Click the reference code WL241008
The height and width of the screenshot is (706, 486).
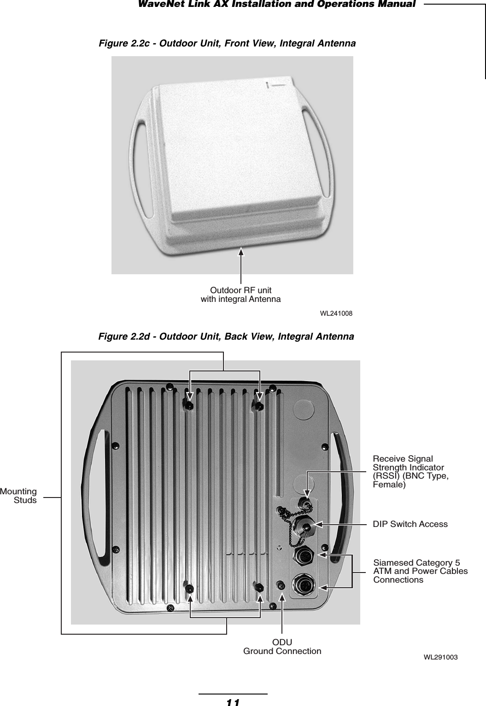[x=336, y=313]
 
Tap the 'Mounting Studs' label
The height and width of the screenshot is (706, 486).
[x=19, y=496]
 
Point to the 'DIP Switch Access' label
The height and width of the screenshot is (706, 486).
[x=410, y=524]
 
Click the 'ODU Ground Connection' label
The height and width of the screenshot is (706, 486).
[x=282, y=647]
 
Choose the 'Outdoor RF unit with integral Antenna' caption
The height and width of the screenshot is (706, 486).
[x=240, y=295]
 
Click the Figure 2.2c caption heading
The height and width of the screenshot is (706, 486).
[x=228, y=44]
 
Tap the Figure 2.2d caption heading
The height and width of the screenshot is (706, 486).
[x=227, y=336]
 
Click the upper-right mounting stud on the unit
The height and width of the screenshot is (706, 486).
[x=258, y=406]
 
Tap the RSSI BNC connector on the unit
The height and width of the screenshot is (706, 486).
[x=304, y=502]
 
